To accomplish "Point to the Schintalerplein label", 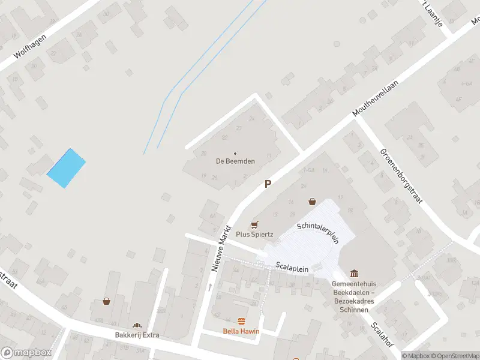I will click(318, 232).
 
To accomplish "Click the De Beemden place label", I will click(235, 161).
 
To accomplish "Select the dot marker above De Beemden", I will click(235, 153).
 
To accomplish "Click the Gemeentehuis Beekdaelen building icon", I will click(354, 274).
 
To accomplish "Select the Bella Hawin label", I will click(242, 331).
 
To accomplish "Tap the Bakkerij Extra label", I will click(137, 335).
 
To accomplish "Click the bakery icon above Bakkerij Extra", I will click(137, 325).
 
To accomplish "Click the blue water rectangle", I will click(66, 168).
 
